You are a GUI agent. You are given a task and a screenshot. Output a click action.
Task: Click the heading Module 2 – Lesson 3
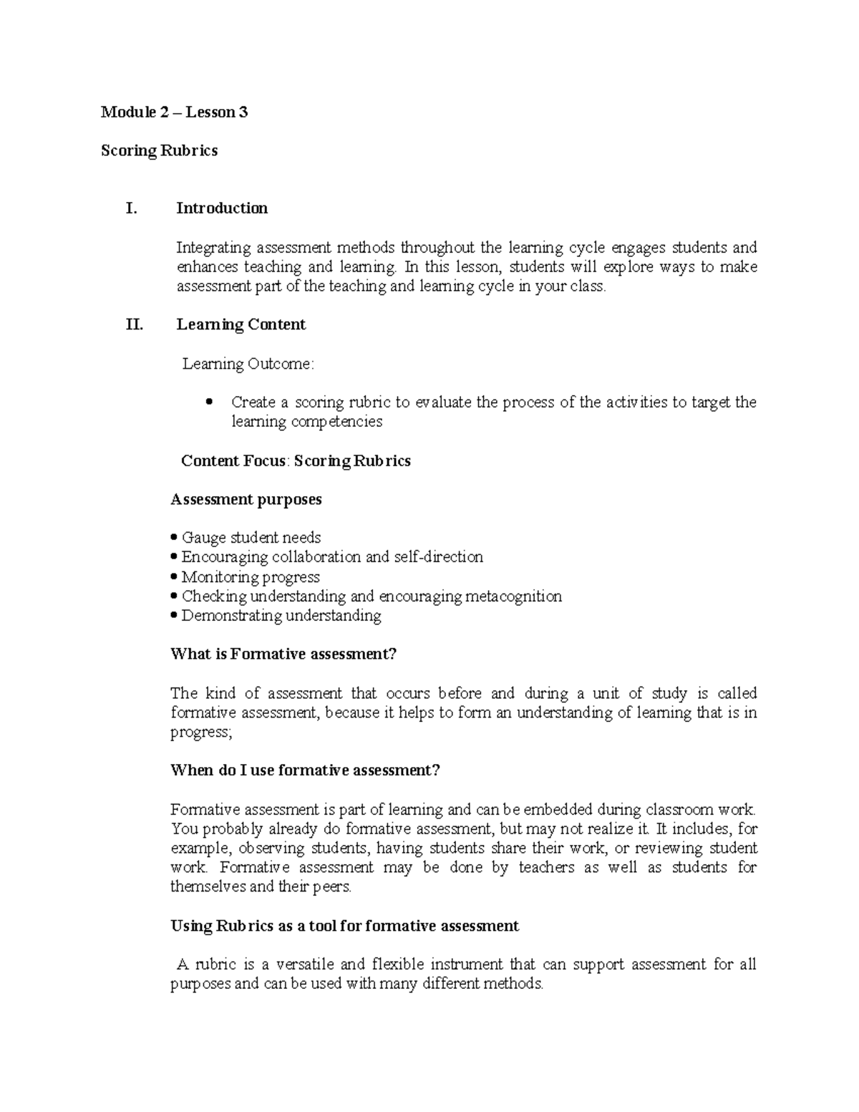pos(174,112)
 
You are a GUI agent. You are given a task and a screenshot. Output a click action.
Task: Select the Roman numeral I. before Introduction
pos(130,208)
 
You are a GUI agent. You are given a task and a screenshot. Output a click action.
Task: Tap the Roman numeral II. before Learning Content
pos(134,324)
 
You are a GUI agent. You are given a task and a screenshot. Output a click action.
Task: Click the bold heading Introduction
pos(222,208)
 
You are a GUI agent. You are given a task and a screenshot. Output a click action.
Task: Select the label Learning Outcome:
pos(248,364)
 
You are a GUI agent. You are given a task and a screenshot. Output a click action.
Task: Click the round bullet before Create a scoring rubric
pos(209,402)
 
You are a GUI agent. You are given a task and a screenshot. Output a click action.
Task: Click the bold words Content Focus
pos(233,460)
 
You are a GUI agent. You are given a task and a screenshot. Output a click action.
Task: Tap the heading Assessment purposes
pos(246,499)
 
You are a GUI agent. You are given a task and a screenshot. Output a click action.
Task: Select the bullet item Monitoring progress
pos(250,577)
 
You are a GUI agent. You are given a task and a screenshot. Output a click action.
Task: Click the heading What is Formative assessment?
pos(283,654)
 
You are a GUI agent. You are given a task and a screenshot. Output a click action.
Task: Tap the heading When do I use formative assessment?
pos(305,770)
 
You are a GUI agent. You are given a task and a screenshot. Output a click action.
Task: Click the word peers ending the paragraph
pos(331,887)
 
